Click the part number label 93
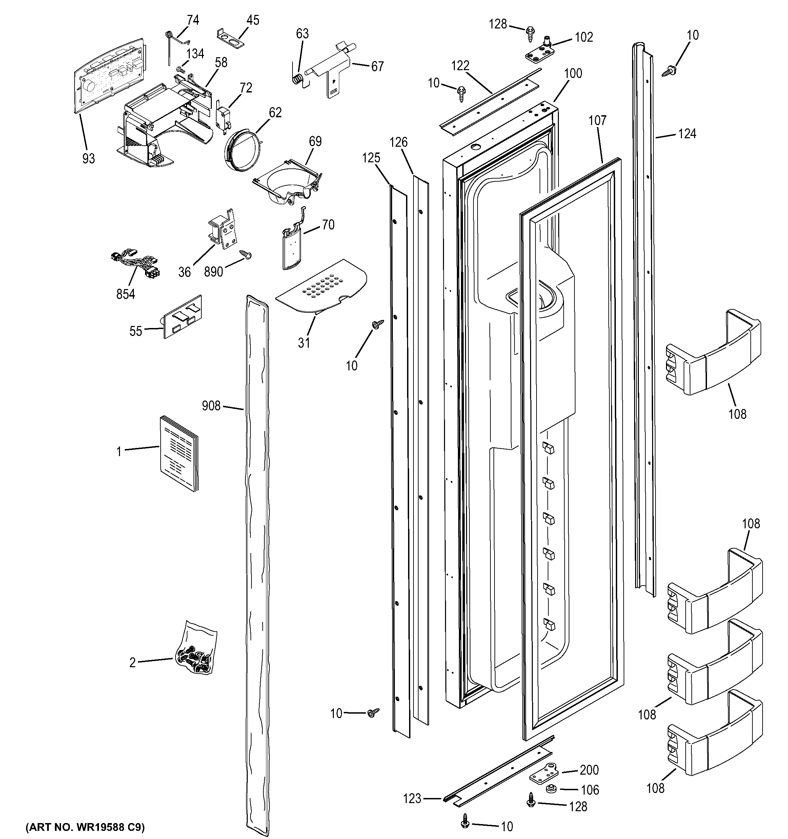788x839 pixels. point(88,159)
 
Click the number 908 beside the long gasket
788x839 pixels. point(211,406)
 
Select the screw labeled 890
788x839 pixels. point(245,254)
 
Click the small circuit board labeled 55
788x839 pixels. point(183,316)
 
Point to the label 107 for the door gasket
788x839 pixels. point(597,121)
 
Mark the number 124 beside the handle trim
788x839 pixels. point(687,134)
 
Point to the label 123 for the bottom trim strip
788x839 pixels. point(412,798)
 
